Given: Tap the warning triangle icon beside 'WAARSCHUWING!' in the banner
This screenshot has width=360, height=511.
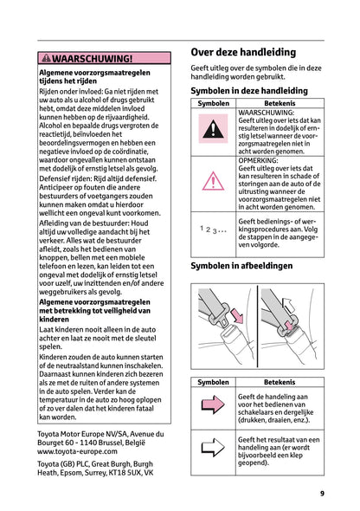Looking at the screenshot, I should (46, 59).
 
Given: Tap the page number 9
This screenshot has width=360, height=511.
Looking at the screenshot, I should (321, 494).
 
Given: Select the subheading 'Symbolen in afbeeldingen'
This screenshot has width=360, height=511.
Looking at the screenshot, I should (241, 266).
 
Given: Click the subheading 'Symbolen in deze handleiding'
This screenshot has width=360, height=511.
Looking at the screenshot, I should (248, 90).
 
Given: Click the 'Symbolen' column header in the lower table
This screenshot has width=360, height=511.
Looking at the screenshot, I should (213, 381).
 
